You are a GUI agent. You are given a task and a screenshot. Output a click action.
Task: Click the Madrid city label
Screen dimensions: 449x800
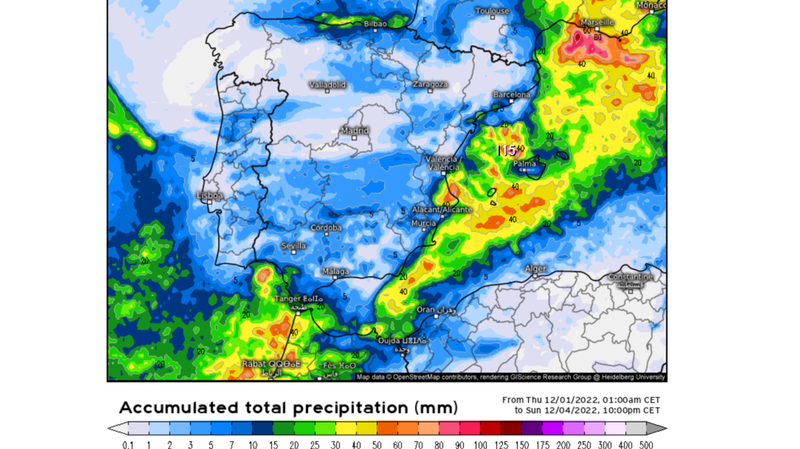pos(354,130)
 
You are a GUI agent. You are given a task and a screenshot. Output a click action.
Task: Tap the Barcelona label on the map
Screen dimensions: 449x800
pos(511,94)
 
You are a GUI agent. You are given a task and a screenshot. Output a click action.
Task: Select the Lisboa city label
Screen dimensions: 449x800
pos(210,195)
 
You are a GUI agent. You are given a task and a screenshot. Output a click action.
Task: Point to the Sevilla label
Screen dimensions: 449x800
pos(294,246)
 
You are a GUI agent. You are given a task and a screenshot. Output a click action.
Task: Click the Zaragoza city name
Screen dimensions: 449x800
pos(430,85)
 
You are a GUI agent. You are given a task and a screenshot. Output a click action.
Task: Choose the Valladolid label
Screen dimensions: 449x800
pos(327,85)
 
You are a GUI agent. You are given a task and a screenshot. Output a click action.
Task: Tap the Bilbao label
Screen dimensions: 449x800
pos(375,24)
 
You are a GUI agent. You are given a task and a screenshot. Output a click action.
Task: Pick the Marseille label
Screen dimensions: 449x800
pos(597,23)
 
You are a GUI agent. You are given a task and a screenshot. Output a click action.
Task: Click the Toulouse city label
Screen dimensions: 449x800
pos(492,11)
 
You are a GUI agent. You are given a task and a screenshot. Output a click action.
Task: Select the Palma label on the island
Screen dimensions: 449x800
pos(525,164)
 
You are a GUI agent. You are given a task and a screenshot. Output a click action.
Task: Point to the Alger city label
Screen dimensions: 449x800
pos(535,269)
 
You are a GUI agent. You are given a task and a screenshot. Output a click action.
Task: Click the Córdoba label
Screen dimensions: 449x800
pos(325,228)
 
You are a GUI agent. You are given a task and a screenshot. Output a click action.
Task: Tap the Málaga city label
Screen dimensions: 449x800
pos(336,272)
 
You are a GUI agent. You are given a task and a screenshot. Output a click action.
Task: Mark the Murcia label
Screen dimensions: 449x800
pos(424,223)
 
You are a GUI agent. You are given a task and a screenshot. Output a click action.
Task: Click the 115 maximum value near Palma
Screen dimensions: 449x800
pos(506,150)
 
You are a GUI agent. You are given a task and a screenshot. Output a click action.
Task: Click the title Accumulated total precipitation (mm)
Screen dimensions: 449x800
pos(289,408)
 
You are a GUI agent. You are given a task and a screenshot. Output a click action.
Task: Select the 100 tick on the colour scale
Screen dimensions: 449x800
pos(480,445)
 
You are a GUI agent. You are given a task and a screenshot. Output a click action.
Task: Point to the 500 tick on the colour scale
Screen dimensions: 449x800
pos(646,445)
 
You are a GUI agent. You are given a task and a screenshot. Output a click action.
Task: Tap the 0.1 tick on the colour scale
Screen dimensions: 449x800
pos(128,445)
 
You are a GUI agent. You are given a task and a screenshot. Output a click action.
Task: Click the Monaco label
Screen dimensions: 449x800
pos(651,6)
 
